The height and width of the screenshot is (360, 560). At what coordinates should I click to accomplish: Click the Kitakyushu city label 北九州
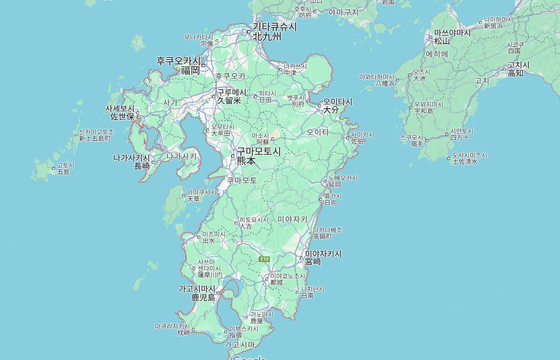[x=267, y=37]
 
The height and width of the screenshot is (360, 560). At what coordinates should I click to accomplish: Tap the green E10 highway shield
[x=264, y=259]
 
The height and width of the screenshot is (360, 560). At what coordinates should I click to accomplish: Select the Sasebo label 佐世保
[x=122, y=117]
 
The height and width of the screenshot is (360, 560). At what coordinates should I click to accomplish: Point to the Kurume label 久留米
[x=229, y=101]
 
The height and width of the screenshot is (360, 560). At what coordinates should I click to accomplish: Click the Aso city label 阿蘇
[x=263, y=142]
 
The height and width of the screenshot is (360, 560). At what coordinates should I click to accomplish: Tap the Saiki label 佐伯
[x=357, y=141]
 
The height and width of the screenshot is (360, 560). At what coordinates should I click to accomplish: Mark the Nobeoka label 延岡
[x=335, y=184]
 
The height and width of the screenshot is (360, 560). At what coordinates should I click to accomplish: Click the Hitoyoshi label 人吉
[x=246, y=226]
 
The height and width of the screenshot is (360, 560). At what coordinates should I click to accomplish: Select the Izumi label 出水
[x=209, y=240]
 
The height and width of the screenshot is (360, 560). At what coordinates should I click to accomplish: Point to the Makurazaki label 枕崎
[x=184, y=333]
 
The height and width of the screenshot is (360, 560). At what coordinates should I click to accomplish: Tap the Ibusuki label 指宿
[x=235, y=335]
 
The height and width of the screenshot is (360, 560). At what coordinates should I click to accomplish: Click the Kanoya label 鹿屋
[x=257, y=321]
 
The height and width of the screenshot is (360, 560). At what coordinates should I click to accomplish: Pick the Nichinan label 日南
[x=307, y=296]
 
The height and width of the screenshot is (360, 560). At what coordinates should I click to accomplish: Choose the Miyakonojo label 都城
[x=277, y=282]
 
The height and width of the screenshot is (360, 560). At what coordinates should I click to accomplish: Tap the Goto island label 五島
[x=63, y=172]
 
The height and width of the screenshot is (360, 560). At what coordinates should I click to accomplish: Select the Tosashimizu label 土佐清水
[x=465, y=161]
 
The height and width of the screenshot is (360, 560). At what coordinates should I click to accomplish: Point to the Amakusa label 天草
[x=193, y=199]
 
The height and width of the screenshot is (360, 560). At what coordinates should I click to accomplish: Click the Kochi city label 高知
[x=516, y=73]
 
